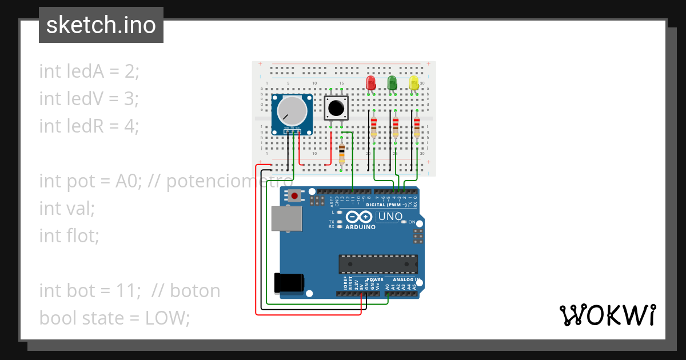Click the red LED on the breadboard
pos(370,83)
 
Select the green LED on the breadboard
pos(392,83)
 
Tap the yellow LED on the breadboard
pos(414,83)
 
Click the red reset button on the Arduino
pos(294,196)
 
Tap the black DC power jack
pos(289,283)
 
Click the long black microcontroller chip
pos(378,263)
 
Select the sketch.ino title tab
pos(101,25)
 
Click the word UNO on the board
pos(390,217)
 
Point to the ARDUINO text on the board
pos(360,227)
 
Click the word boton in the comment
pos(194,291)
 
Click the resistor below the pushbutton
pos(342,154)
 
